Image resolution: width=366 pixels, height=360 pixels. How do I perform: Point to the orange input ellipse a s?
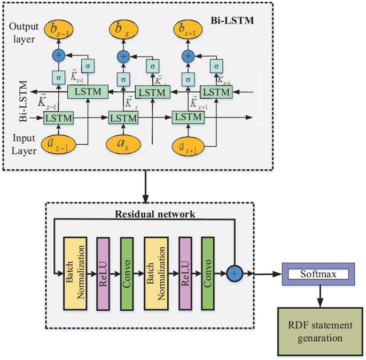122,144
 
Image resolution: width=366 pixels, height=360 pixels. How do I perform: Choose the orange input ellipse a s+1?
188,146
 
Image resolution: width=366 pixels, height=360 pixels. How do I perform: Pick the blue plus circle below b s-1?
58,54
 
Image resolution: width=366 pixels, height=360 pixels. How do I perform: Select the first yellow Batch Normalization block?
75,273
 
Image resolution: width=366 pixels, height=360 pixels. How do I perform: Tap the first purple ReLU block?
104,273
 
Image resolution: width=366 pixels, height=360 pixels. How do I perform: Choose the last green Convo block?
207,273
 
